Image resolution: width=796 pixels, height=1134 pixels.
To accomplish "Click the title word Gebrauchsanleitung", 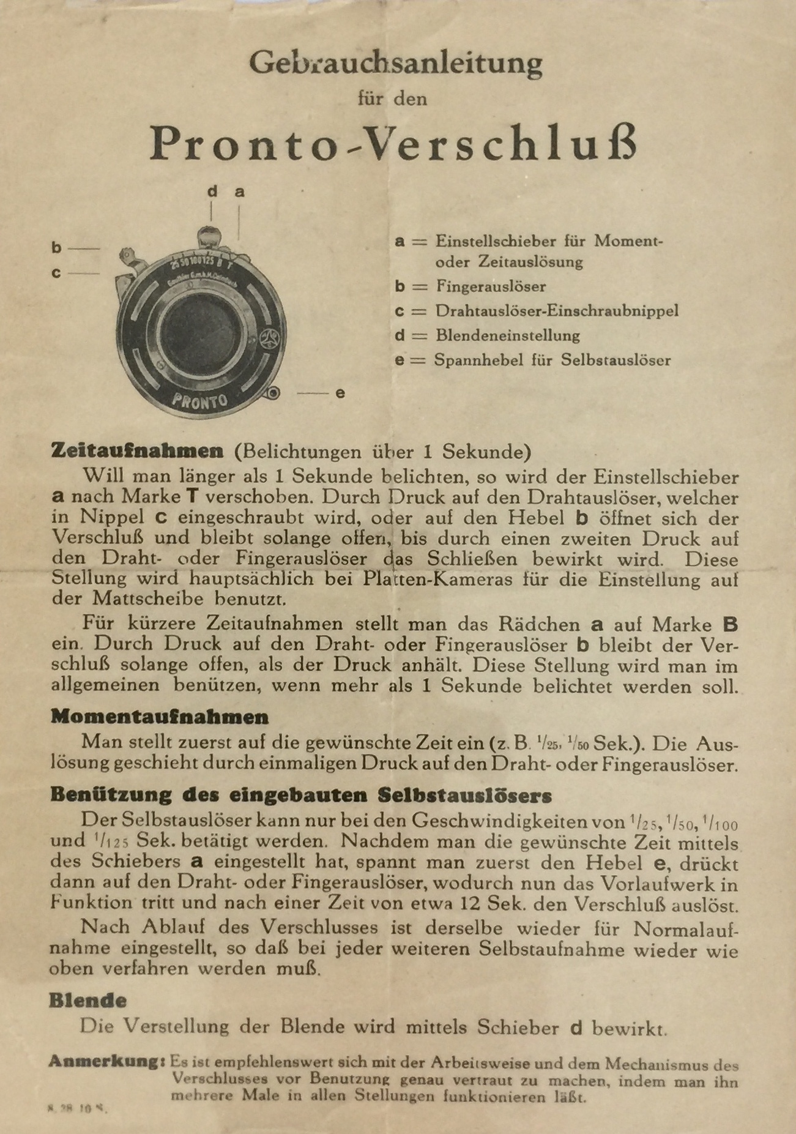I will tap(395, 63).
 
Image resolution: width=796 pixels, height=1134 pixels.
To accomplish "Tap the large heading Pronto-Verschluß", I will tap(394, 144).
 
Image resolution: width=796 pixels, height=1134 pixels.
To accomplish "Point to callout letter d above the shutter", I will tap(212, 192).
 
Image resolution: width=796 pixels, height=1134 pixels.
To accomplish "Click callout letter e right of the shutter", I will tap(340, 394).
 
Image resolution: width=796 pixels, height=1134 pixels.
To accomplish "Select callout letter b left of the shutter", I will tap(56, 248).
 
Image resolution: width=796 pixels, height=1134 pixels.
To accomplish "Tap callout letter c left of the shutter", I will tap(56, 273).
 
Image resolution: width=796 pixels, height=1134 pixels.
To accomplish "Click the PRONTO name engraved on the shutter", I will tap(199, 401).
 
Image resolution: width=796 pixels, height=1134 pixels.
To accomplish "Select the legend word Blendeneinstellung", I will tap(508, 335).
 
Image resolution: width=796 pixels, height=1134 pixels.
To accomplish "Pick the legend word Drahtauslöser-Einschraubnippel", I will tap(557, 311).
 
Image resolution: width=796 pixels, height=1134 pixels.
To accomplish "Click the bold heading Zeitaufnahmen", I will tap(137, 452).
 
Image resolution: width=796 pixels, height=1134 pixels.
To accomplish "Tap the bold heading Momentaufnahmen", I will tap(159, 717).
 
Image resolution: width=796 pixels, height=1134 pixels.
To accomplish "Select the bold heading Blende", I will tap(87, 1001).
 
